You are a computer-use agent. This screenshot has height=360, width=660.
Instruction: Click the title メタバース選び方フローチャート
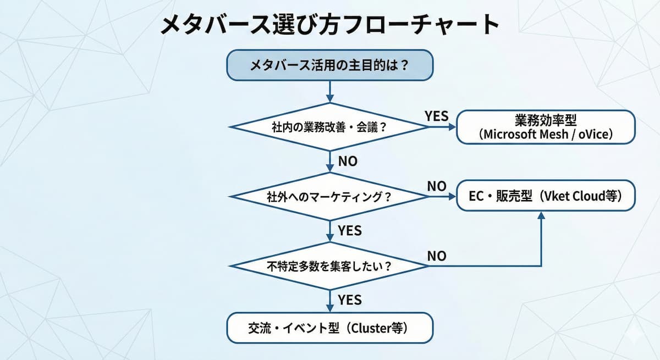click(x=329, y=25)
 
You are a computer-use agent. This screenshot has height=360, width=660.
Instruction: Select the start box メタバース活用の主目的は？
click(x=329, y=66)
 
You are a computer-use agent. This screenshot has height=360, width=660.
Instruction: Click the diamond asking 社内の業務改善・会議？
click(x=329, y=127)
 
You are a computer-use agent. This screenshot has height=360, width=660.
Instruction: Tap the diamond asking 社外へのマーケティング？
click(x=329, y=196)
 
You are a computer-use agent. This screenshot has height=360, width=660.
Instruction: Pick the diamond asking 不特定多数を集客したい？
click(x=329, y=266)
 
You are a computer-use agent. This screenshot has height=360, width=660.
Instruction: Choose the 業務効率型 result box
click(x=546, y=127)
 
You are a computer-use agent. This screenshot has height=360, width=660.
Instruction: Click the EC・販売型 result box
click(x=546, y=196)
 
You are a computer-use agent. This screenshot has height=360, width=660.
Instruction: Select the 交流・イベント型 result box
click(x=329, y=329)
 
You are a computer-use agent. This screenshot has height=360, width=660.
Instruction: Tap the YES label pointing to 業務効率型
click(x=437, y=117)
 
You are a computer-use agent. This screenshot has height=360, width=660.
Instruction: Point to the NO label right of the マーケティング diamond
click(x=437, y=186)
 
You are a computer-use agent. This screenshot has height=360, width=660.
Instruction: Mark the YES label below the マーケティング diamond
click(x=349, y=230)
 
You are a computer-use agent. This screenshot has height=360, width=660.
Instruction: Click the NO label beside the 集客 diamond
click(x=437, y=256)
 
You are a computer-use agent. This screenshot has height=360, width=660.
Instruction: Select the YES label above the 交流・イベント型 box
click(x=349, y=300)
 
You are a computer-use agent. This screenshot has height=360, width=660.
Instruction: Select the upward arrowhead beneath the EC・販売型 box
click(x=542, y=216)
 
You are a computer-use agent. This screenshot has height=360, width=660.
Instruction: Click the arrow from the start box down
click(x=329, y=91)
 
